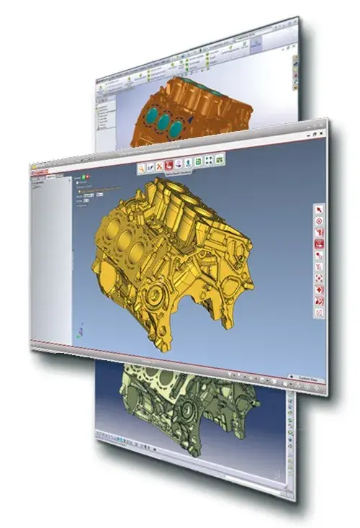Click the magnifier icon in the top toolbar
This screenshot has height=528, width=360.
pos(143,167)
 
